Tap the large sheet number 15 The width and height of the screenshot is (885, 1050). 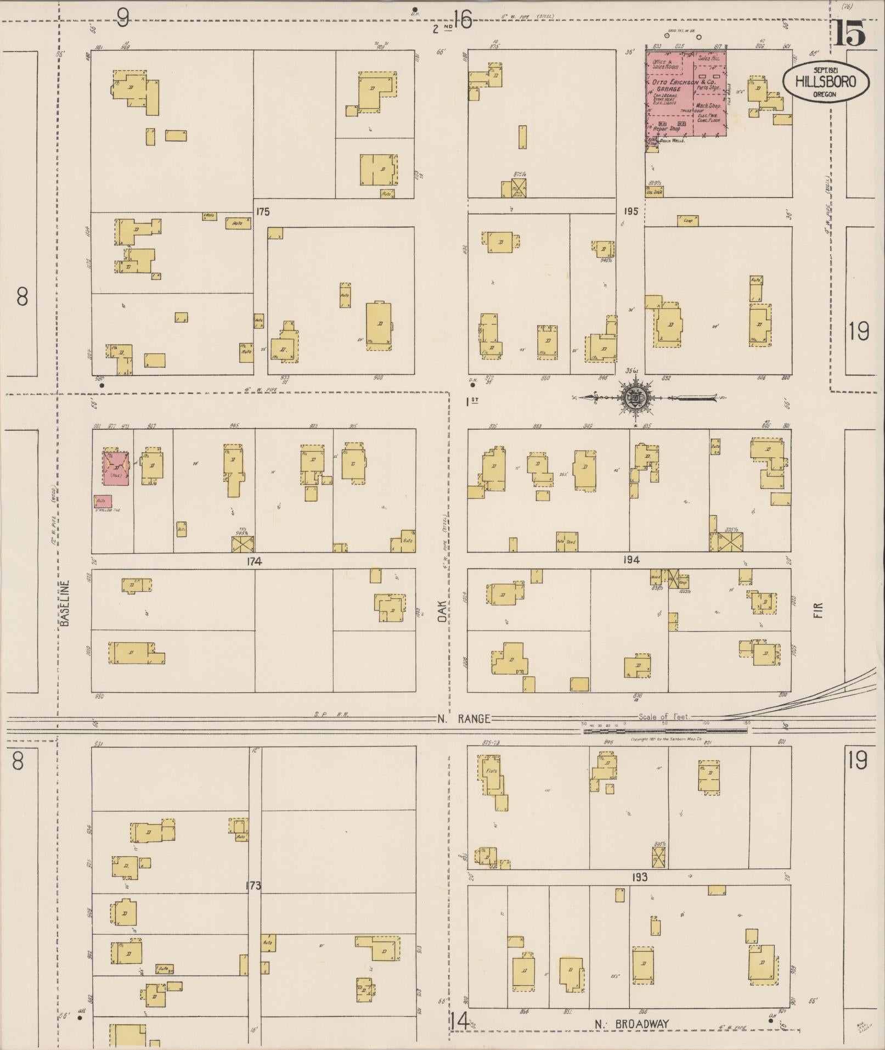click(x=850, y=34)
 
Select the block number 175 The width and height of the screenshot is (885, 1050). click(x=262, y=212)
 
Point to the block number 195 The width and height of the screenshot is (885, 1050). click(x=630, y=211)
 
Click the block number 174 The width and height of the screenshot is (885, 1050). click(x=254, y=562)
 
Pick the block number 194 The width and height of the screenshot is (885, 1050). click(x=631, y=560)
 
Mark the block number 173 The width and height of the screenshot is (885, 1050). click(x=253, y=885)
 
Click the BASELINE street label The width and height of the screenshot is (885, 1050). click(x=65, y=604)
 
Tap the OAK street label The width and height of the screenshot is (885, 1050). click(x=442, y=610)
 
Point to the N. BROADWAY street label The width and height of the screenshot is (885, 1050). click(x=632, y=1024)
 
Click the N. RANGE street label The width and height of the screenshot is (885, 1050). click(x=463, y=719)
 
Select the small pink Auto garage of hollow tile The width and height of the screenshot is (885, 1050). click(x=103, y=501)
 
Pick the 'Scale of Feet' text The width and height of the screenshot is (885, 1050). click(x=664, y=717)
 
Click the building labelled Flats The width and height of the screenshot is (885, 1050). click(x=493, y=775)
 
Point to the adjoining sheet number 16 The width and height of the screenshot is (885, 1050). click(x=463, y=21)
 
